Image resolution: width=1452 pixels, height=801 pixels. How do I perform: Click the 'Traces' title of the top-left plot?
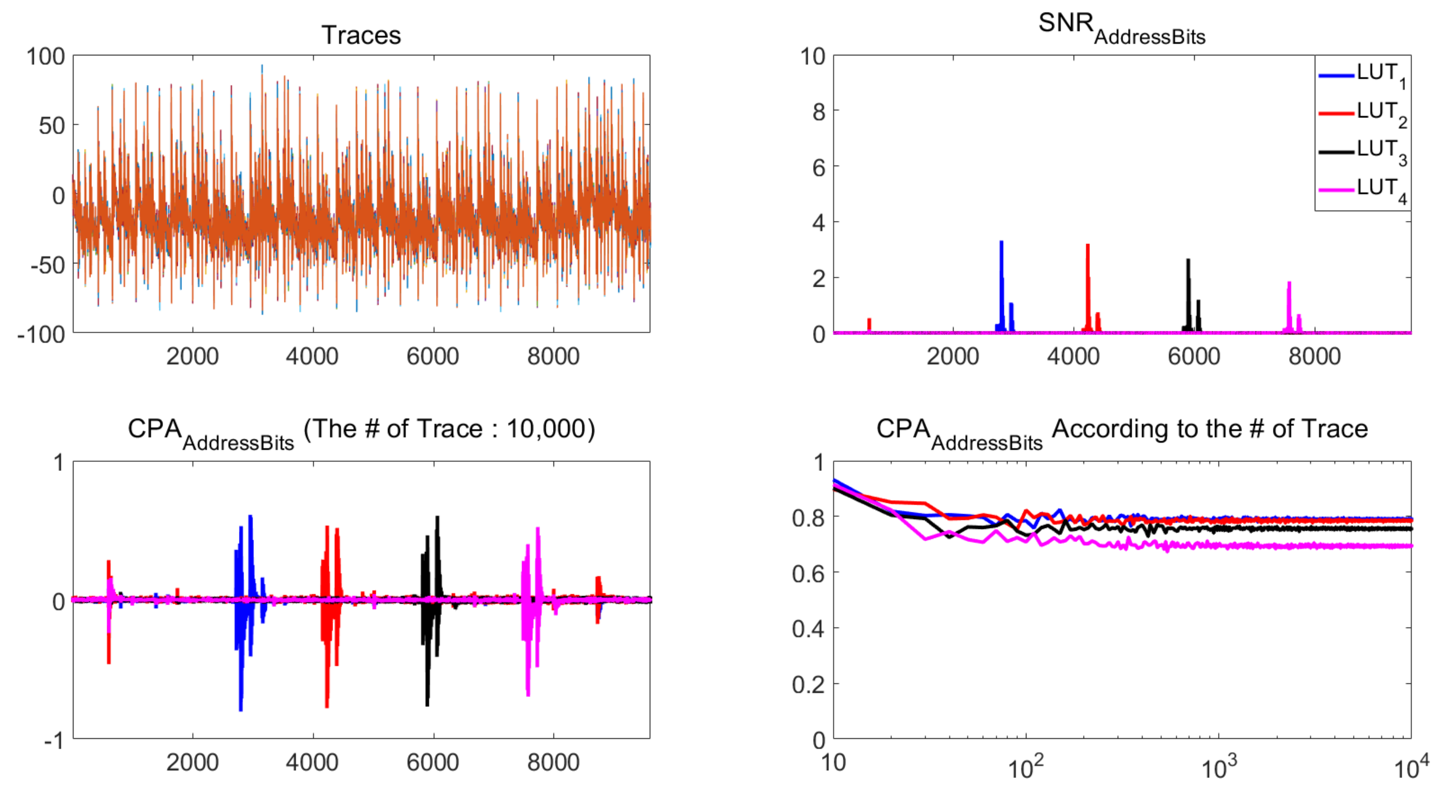(361, 35)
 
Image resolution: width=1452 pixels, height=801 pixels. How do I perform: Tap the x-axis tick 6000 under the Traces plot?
(433, 357)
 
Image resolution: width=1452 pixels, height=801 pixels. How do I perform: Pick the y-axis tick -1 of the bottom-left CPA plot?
(53, 740)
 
